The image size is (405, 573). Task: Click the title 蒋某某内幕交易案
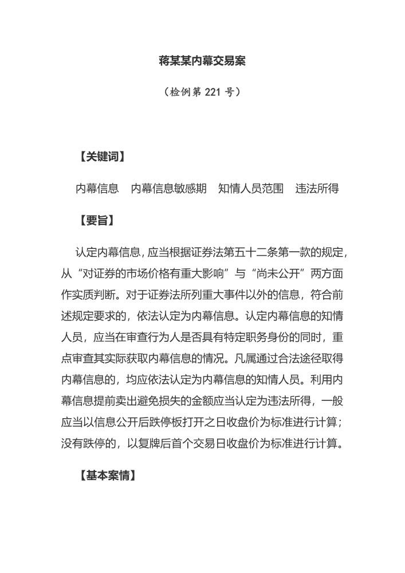[202, 60]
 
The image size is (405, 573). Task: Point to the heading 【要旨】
[96, 220]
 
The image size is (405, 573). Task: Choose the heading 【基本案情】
[108, 475]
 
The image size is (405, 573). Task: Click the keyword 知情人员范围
[250, 188]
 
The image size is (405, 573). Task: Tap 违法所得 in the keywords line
[317, 188]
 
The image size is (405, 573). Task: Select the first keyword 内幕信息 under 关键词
[97, 188]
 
